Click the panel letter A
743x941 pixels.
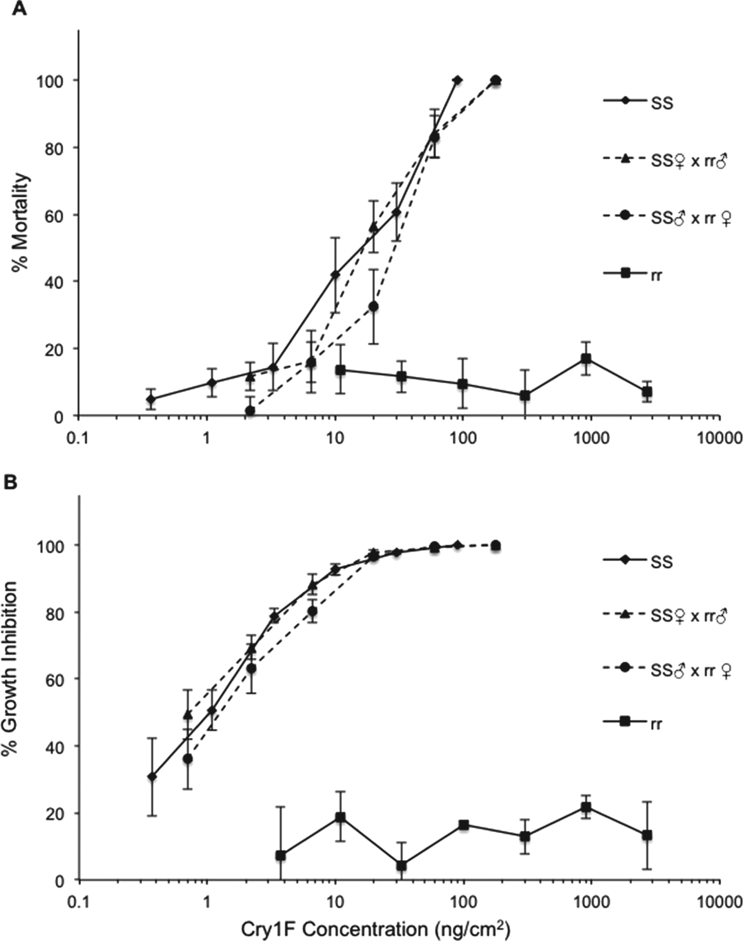point(19,9)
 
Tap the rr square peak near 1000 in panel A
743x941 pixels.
point(586,359)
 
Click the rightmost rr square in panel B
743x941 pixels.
point(646,835)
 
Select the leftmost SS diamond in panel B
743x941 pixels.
point(152,776)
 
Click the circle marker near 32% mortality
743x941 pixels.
point(374,306)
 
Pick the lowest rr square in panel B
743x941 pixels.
point(402,866)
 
